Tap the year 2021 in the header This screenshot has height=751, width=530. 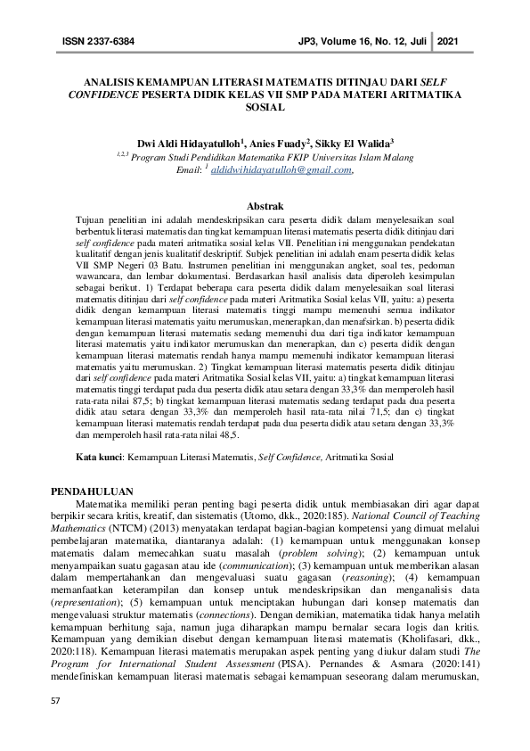point(451,42)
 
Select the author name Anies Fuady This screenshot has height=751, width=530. point(277,142)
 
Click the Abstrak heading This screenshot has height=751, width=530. point(265,206)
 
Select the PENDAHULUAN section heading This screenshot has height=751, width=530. point(92,491)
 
